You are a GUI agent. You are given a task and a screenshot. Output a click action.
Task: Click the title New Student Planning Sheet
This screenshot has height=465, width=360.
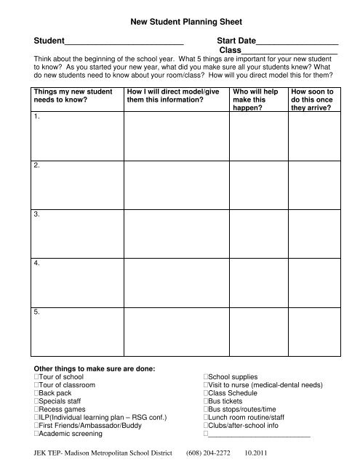[x=179, y=23]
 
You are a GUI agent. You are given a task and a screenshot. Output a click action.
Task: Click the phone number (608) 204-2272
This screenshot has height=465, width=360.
[x=209, y=450]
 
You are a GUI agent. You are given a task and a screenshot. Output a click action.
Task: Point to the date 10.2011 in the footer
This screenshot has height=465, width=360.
[x=257, y=450]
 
